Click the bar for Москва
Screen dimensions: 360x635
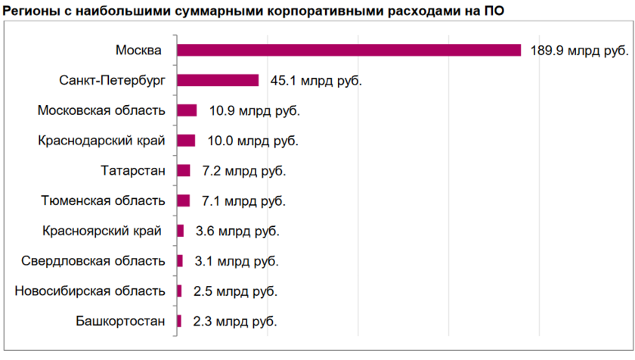[x=348, y=50]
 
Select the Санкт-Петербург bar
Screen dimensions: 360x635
[x=218, y=80]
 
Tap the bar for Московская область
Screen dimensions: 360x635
[x=187, y=110]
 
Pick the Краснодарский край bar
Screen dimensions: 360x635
[x=186, y=141]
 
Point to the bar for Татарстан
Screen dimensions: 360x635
[x=184, y=171]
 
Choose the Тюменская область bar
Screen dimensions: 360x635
[x=184, y=200]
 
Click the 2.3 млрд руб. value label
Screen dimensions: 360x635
[x=234, y=321]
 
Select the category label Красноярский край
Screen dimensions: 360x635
[x=104, y=231]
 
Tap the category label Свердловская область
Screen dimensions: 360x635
[x=94, y=261]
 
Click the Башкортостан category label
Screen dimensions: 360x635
[x=120, y=321]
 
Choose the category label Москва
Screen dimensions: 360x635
[x=138, y=51]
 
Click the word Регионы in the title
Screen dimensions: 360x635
[x=31, y=11]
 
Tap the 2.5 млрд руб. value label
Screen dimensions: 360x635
[x=235, y=291]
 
